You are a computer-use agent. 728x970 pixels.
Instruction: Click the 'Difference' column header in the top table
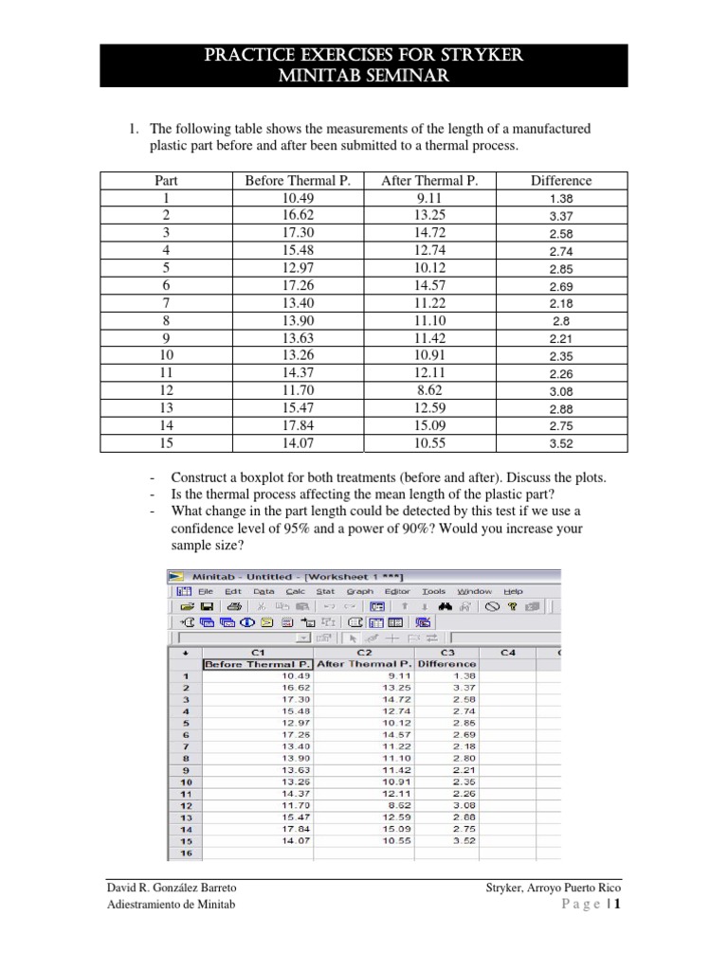(x=560, y=180)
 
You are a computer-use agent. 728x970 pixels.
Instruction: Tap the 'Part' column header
(x=166, y=180)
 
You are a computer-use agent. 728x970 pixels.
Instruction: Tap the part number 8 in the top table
(x=166, y=320)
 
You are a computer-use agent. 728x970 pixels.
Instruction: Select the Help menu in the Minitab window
(x=513, y=590)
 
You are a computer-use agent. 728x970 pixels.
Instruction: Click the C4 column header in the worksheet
(x=509, y=652)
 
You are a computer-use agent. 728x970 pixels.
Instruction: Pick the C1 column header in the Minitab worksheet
(x=257, y=652)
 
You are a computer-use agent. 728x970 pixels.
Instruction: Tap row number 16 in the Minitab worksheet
(x=185, y=853)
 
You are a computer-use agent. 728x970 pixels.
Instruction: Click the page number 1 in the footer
(x=617, y=905)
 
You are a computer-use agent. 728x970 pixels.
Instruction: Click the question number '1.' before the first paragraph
(x=136, y=129)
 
